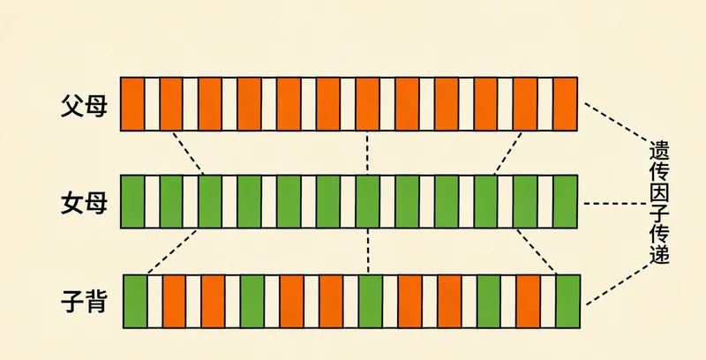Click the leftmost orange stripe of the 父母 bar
point(132,104)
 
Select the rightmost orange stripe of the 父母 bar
point(566,104)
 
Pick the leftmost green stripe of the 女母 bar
point(132,202)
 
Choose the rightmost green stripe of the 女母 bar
point(566,202)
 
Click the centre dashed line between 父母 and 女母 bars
point(366,153)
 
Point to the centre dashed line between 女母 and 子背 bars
point(366,252)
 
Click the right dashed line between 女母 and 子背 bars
point(535,251)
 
